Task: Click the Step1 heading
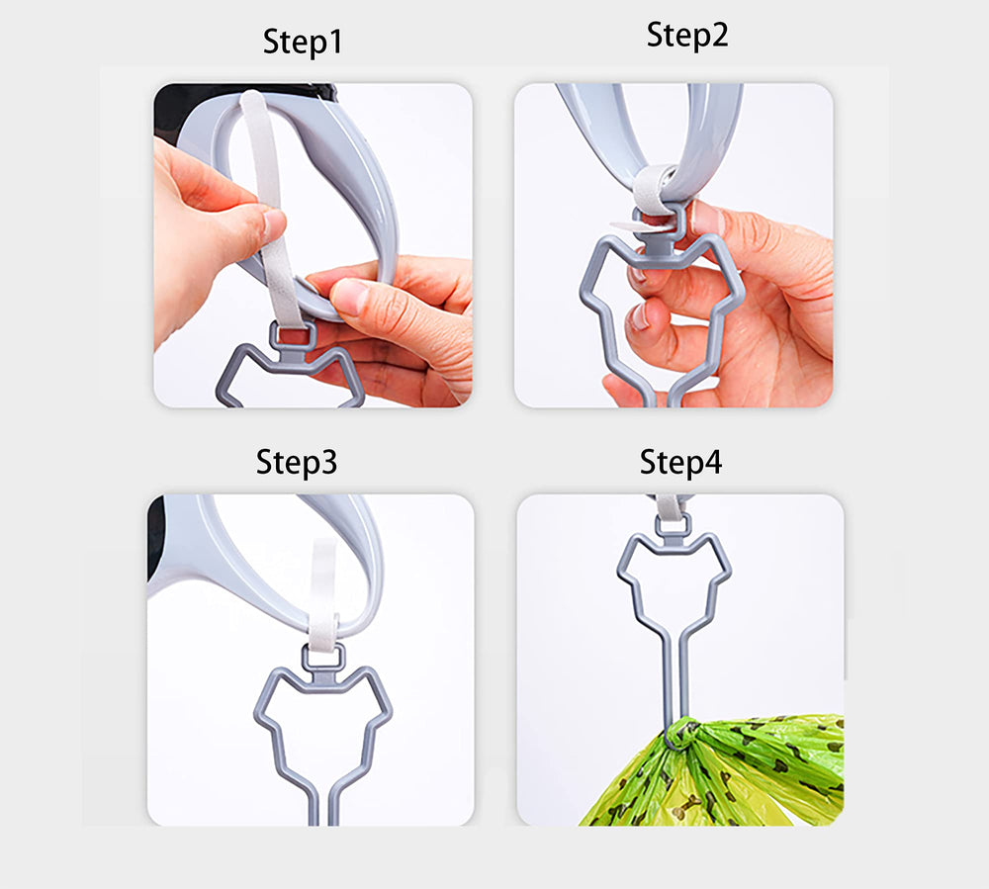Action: (304, 42)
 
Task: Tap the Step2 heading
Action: (686, 35)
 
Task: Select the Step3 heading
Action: (297, 462)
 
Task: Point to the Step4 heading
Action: (680, 462)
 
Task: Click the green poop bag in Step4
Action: (762, 771)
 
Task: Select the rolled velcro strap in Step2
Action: (654, 188)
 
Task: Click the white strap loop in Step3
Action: (322, 593)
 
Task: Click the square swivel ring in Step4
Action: (672, 525)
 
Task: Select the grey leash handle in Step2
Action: (717, 129)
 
